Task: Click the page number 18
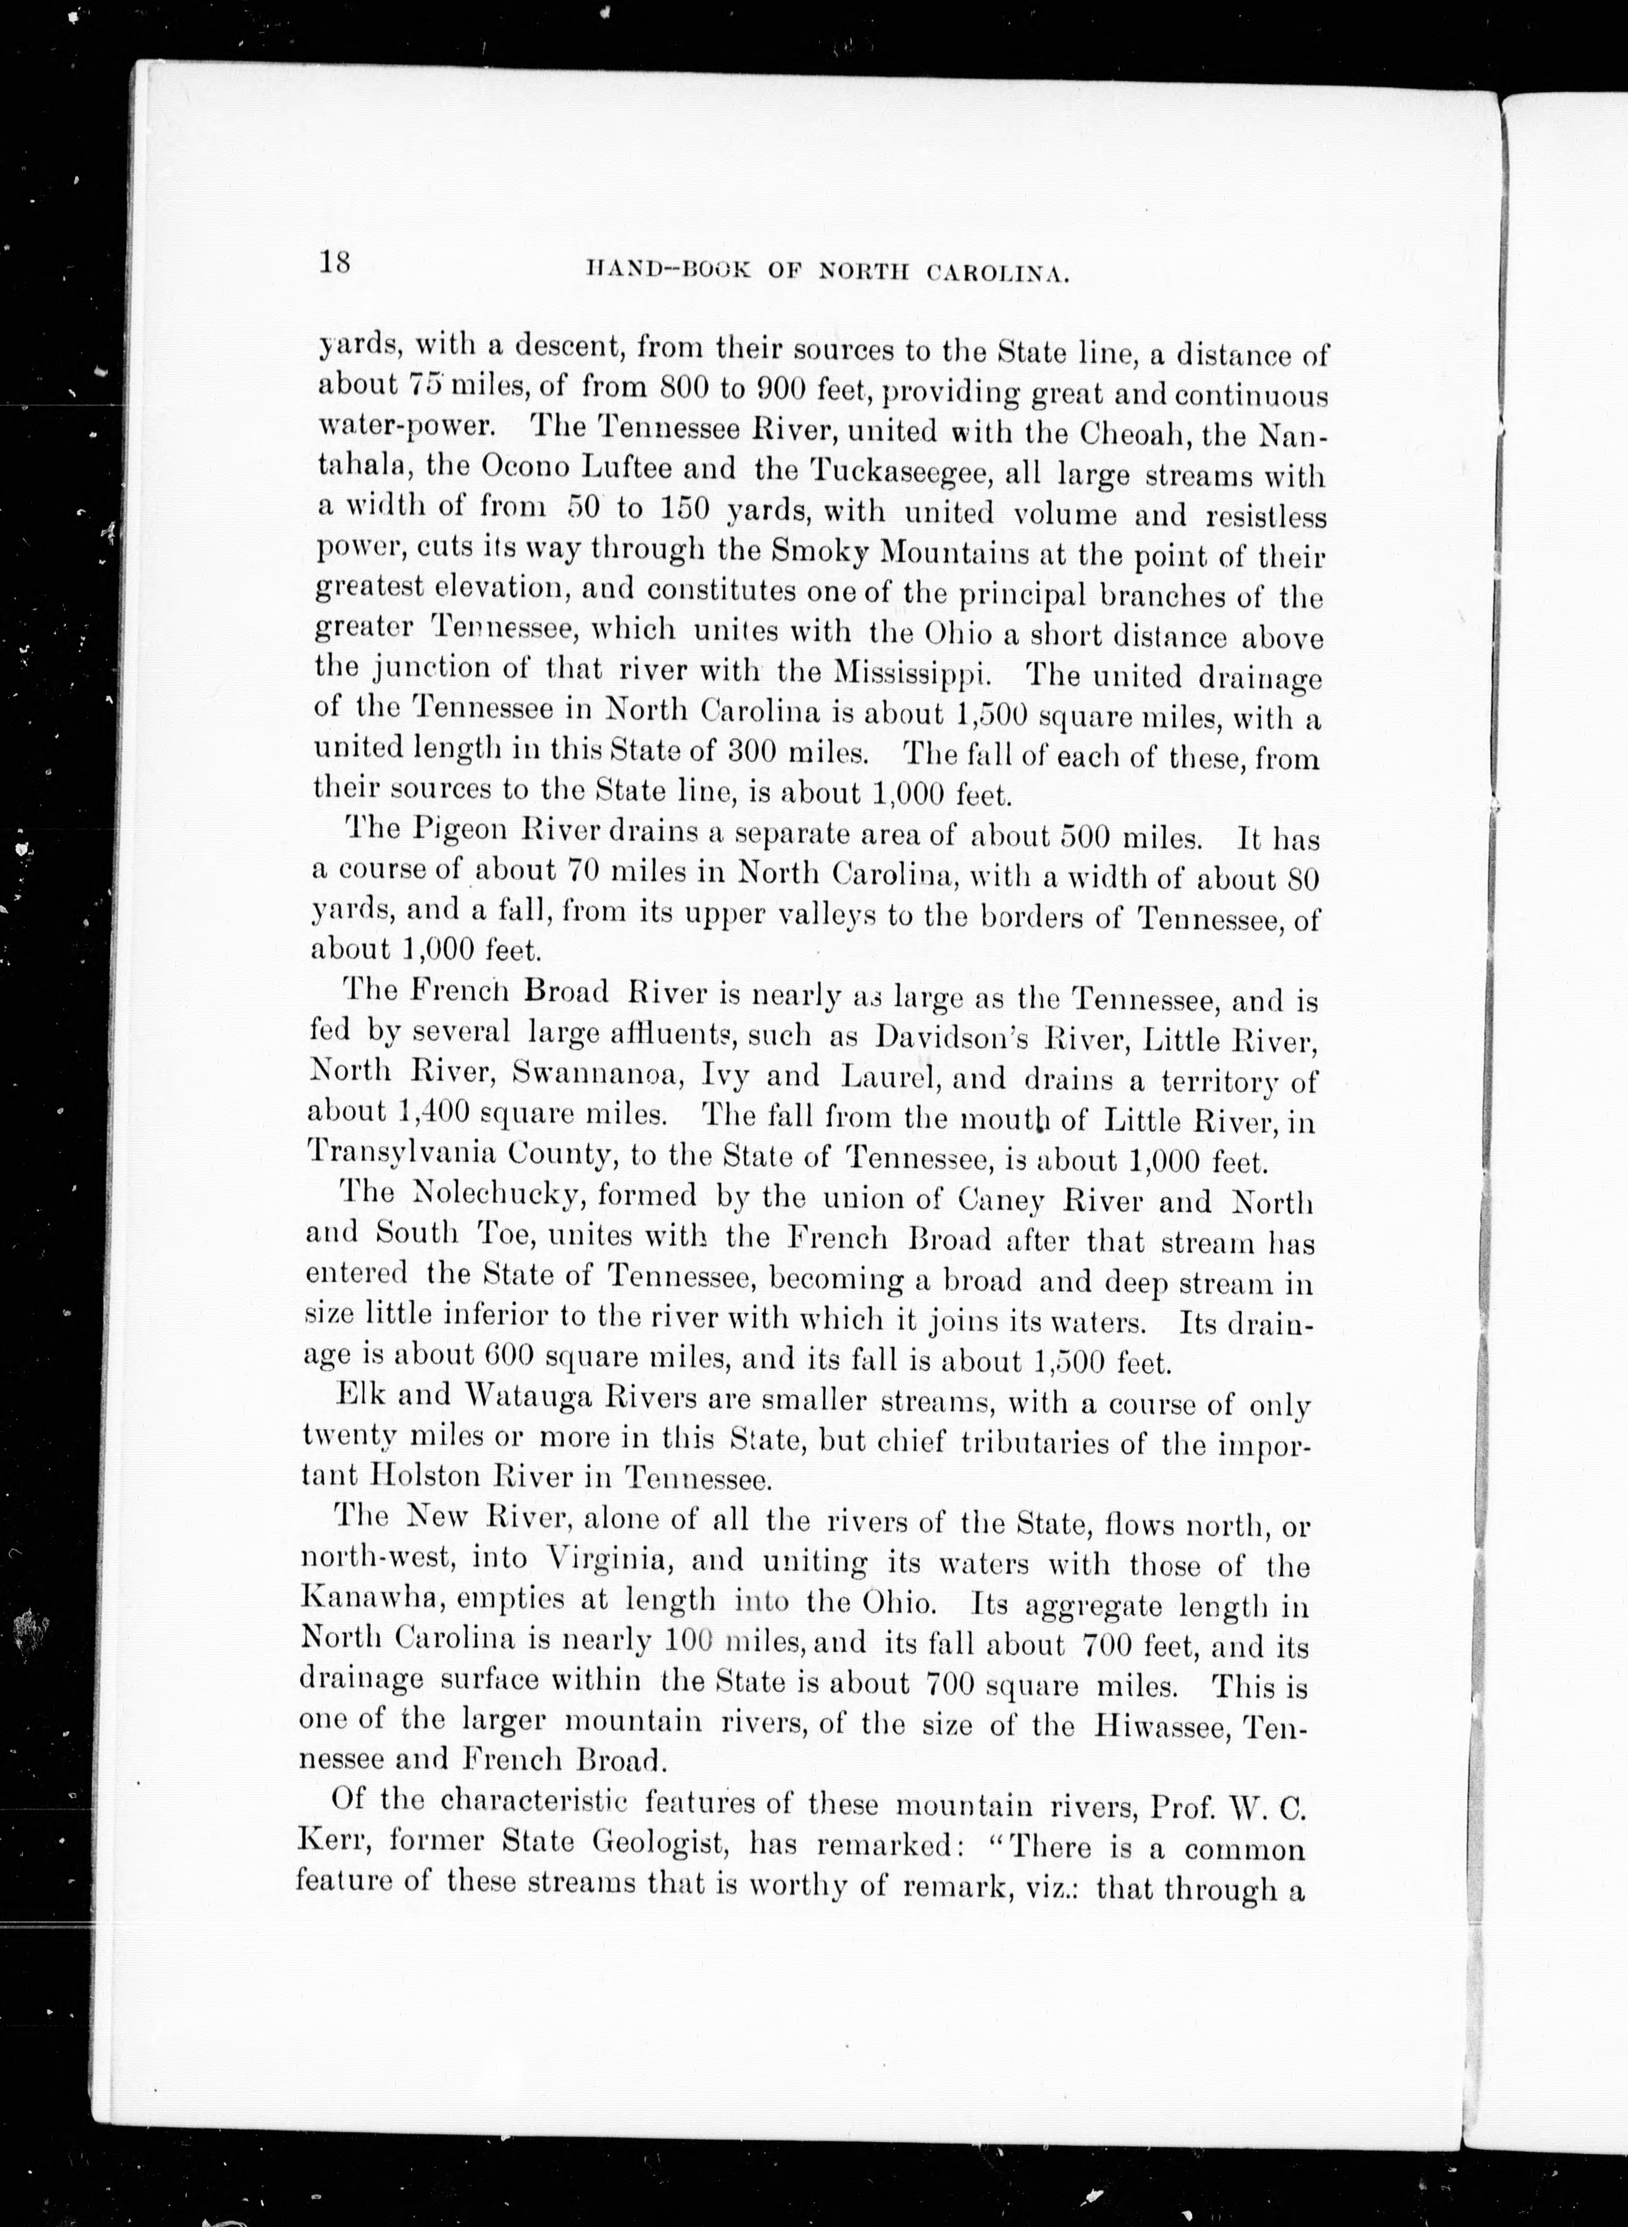[334, 264]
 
